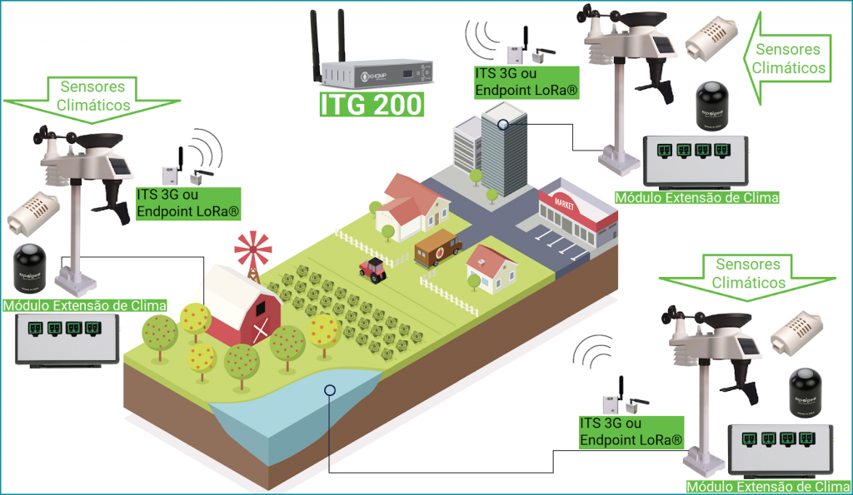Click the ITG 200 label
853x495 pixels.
coord(372,106)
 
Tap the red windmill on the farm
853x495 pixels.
coord(253,250)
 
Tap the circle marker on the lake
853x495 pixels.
coord(330,389)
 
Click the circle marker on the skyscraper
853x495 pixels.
coord(502,125)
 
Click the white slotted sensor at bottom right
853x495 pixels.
coord(802,337)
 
